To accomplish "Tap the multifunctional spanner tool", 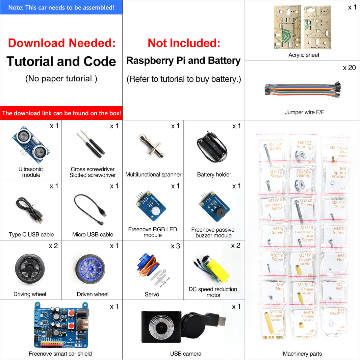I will [x=152, y=147].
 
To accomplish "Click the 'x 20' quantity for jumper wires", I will [x=349, y=68].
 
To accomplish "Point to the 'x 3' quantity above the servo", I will [x=175, y=246].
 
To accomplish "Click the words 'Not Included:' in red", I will [x=184, y=43].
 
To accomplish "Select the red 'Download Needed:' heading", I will [x=61, y=43].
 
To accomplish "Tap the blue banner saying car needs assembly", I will [x=61, y=7].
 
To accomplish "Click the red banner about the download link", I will [x=61, y=113].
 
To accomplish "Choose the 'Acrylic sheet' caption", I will [x=304, y=55].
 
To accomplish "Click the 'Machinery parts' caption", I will [x=302, y=354].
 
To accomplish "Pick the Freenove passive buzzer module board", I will [x=214, y=207].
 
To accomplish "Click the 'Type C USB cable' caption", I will [x=31, y=234].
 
